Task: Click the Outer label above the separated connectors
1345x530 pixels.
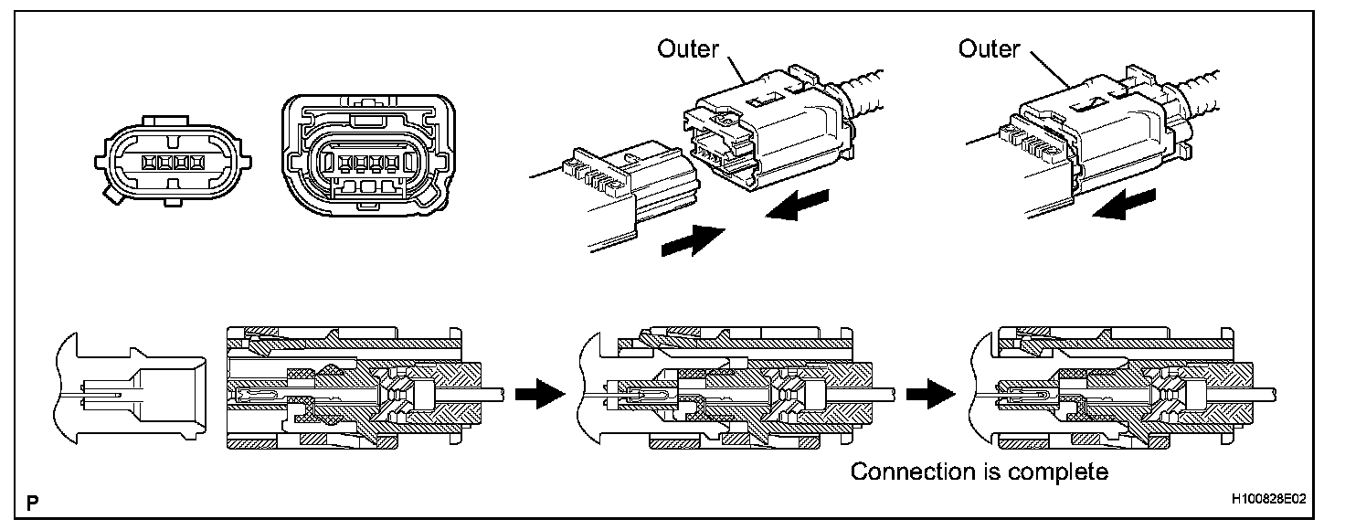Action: click(688, 48)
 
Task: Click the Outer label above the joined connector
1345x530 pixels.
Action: click(989, 48)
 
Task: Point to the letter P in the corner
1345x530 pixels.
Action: click(33, 502)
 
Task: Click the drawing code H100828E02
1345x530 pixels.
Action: click(1267, 501)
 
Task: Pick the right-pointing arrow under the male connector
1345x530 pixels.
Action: click(692, 241)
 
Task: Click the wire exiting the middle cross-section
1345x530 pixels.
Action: click(876, 394)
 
